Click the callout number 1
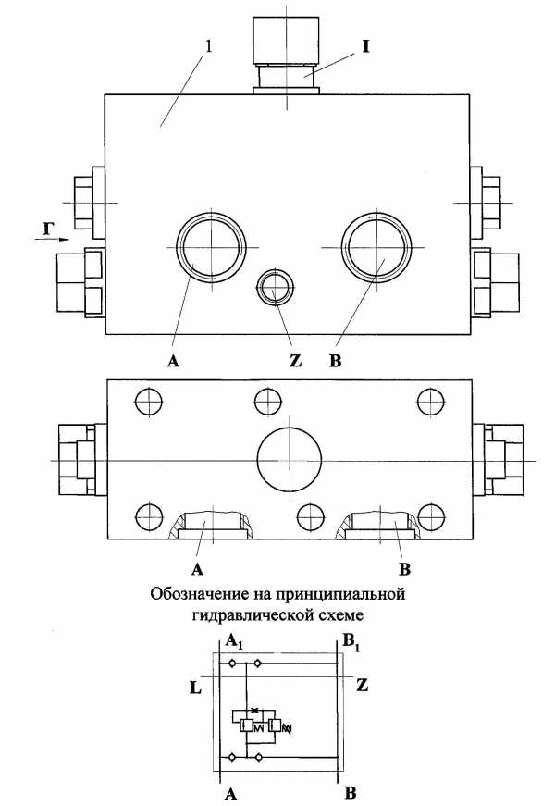(208, 46)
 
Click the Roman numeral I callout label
(366, 47)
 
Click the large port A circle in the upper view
(210, 248)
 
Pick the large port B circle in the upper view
(376, 248)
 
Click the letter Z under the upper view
(295, 361)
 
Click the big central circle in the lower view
(290, 457)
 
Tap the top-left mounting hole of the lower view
(148, 402)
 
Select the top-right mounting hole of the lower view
(431, 402)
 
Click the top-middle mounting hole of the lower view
(268, 402)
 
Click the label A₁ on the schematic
(234, 641)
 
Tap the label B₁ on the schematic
(351, 642)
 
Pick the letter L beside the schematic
(195, 688)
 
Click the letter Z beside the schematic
(362, 685)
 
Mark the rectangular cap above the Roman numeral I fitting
(286, 39)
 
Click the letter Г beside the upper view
(47, 229)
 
